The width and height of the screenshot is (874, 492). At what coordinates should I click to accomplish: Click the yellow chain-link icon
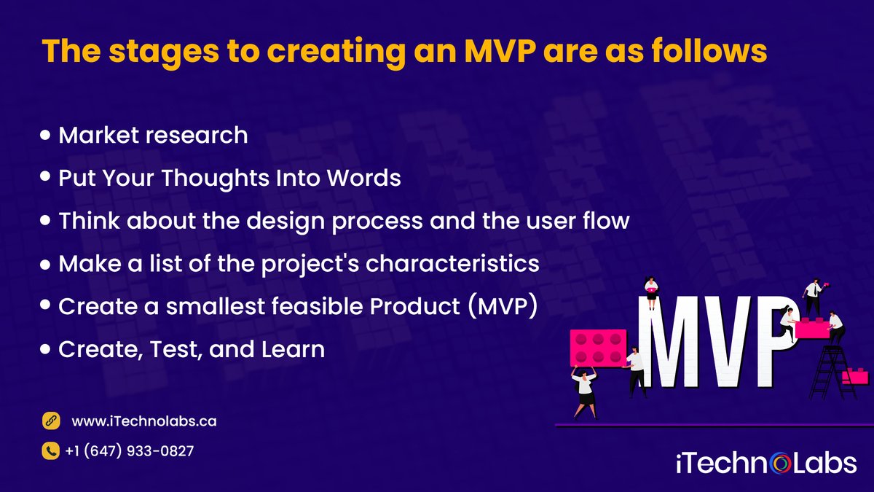50,421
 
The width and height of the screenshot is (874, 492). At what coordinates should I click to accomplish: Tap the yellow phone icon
50,451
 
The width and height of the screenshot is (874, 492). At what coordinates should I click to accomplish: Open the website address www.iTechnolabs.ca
143,421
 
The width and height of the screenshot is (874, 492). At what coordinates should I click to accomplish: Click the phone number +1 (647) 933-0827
130,451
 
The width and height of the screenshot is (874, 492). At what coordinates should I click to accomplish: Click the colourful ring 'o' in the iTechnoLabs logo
779,464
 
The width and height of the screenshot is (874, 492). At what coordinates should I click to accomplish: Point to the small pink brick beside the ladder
856,375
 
